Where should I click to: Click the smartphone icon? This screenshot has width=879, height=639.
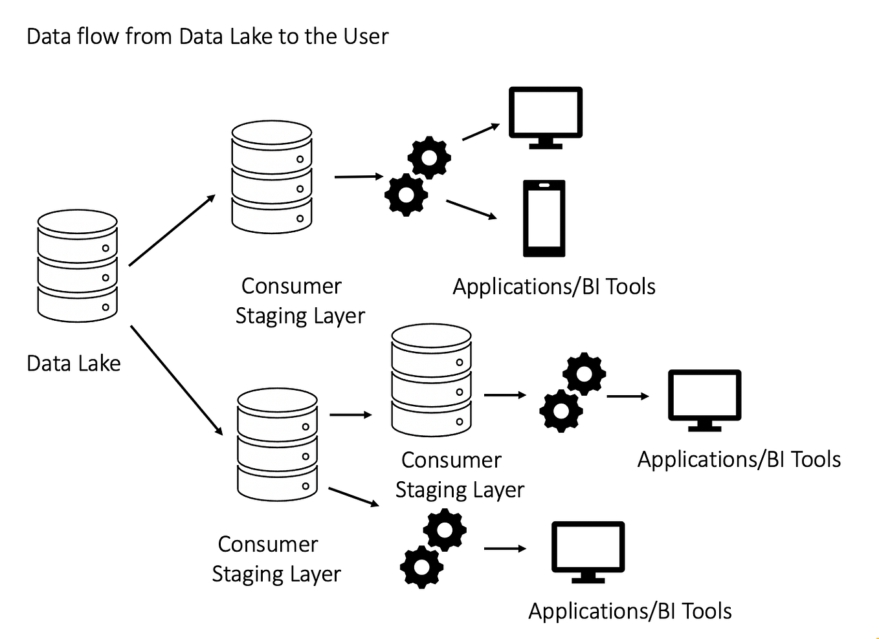(544, 219)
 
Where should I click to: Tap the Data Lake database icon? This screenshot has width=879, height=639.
(78, 265)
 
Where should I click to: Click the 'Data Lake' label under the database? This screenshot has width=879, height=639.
(74, 363)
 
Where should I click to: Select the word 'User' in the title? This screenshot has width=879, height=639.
(366, 36)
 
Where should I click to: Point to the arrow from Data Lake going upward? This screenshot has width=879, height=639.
(172, 230)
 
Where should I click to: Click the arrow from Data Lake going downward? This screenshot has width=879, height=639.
(176, 380)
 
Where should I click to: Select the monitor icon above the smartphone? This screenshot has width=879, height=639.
(545, 116)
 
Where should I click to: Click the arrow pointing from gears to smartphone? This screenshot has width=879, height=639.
(471, 210)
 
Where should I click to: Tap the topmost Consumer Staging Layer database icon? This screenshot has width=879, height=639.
(272, 177)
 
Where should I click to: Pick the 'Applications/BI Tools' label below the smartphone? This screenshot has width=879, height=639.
(554, 287)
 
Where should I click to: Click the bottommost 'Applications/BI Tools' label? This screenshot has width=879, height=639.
(630, 611)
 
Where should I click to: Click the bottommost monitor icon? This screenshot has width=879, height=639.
(588, 551)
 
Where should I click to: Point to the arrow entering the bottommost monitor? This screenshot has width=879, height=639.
(505, 549)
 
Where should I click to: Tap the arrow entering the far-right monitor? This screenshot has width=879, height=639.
(627, 396)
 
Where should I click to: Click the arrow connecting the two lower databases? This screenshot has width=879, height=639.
(351, 415)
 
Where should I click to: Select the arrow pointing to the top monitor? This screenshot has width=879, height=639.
(480, 132)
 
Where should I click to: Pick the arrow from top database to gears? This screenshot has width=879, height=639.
(359, 177)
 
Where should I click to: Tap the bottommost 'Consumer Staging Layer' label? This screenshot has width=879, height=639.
(276, 559)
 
